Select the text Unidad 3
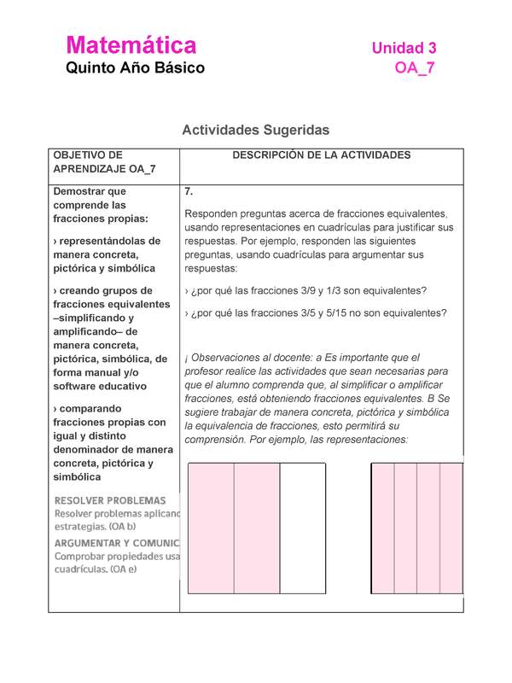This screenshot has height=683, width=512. coord(404,49)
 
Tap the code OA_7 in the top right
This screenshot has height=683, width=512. coord(415,69)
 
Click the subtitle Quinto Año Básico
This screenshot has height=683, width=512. coord(135,67)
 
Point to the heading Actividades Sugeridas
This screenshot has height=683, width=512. coord(255,130)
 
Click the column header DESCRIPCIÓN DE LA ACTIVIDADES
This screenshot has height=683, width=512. coord(321,155)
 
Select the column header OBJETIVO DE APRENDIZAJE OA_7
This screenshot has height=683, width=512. coord(103,162)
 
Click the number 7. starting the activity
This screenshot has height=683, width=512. coord(189,191)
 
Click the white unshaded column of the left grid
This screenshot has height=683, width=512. coord(303,528)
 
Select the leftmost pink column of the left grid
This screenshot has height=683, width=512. coord(211,528)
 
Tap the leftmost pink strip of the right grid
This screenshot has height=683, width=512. coord(383,528)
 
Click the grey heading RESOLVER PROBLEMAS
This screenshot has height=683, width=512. coord(110,500)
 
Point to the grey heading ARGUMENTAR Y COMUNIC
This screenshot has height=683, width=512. coord(117,542)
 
